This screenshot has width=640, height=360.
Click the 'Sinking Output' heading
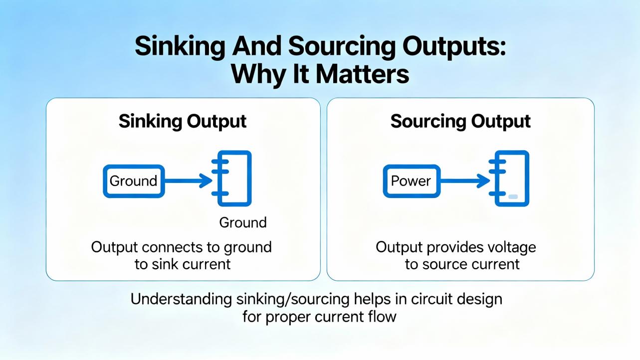click(183, 121)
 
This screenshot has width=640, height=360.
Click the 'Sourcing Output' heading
click(460, 121)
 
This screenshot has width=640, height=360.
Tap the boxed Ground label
click(133, 181)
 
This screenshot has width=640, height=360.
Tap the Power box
click(411, 181)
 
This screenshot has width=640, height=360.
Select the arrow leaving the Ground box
click(188, 181)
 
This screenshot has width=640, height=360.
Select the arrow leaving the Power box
click(465, 181)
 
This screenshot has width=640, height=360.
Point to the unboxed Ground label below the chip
click(243, 222)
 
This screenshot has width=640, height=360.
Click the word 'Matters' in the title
click(362, 74)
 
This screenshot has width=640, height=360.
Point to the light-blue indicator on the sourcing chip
click(513, 197)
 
